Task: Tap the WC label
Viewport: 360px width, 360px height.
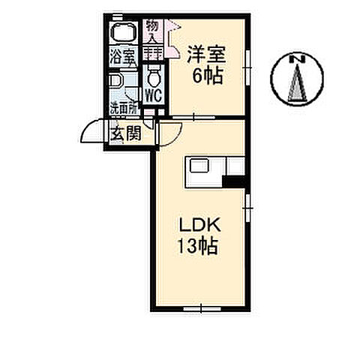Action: pyautogui.click(x=152, y=96)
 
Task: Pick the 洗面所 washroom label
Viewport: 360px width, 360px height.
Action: pyautogui.click(x=122, y=108)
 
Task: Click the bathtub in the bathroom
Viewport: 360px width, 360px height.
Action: pyautogui.click(x=122, y=33)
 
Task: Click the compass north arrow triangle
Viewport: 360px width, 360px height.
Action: pyautogui.click(x=295, y=81)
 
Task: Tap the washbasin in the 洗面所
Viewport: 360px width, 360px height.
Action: pyautogui.click(x=115, y=82)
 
